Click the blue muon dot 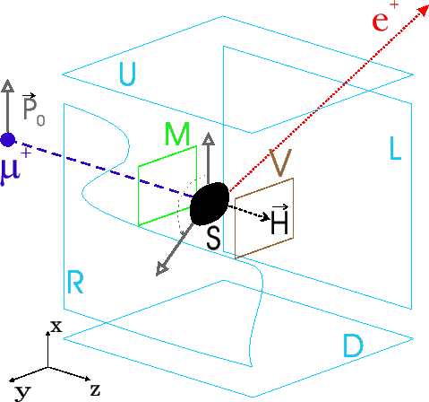9,139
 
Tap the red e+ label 382,20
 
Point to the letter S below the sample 213,238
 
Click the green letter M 178,134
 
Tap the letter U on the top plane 128,75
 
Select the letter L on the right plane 396,149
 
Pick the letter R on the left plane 76,284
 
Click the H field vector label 279,223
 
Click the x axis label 56,327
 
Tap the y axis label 23,391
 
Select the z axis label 94,389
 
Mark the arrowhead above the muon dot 9,86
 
